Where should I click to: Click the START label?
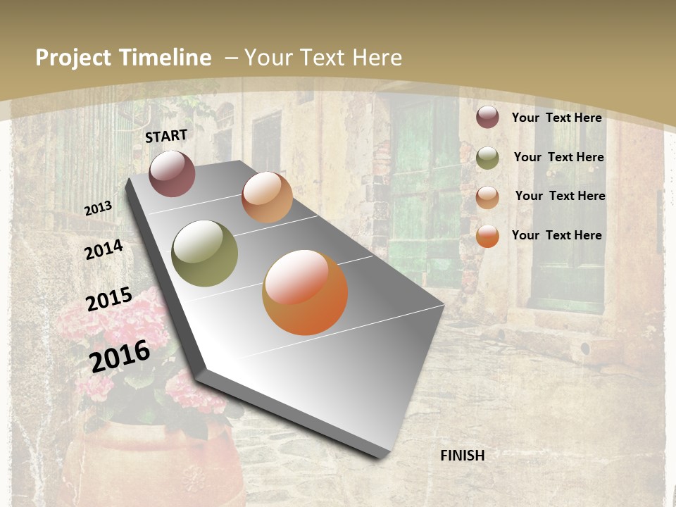click(166, 136)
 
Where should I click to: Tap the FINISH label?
click(462, 456)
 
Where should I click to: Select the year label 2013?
click(98, 208)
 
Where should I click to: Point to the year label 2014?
click(104, 249)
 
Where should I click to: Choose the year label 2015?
click(109, 299)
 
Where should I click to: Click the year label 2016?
click(120, 356)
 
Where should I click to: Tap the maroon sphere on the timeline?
click(172, 174)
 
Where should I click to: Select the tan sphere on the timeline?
click(267, 197)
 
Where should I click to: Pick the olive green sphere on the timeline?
click(205, 254)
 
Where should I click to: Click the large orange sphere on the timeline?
click(305, 292)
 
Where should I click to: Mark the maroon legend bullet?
click(487, 118)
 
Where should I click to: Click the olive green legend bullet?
click(487, 158)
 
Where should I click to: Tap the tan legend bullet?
click(487, 197)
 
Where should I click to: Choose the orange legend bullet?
click(487, 237)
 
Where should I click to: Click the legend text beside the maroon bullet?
click(556, 118)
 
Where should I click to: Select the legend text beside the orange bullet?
click(556, 235)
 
